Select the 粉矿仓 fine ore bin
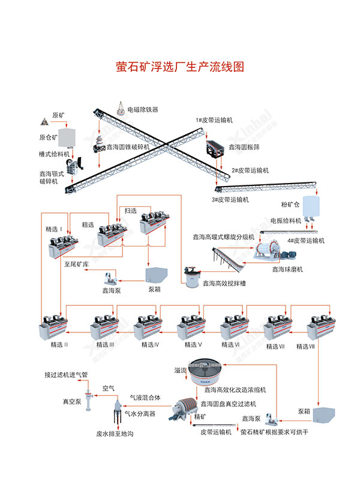click(311, 206)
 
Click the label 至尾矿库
click(76, 263)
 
